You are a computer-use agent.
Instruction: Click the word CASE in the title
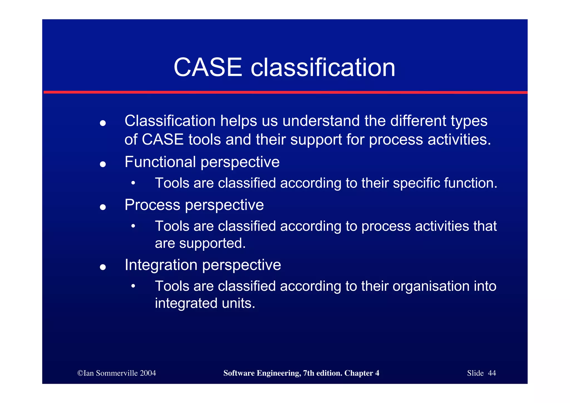208,67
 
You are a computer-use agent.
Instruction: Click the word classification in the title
323,67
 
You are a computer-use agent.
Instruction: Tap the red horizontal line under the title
285,92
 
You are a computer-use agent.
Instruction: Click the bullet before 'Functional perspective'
103,164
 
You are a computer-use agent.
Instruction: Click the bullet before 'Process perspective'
103,207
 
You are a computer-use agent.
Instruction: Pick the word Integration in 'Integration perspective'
161,265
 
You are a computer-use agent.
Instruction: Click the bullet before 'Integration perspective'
103,267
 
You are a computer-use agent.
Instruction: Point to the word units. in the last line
239,303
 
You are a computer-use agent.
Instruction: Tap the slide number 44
492,373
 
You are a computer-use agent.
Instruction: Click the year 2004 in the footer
148,373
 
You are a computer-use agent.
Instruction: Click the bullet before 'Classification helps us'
103,123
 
